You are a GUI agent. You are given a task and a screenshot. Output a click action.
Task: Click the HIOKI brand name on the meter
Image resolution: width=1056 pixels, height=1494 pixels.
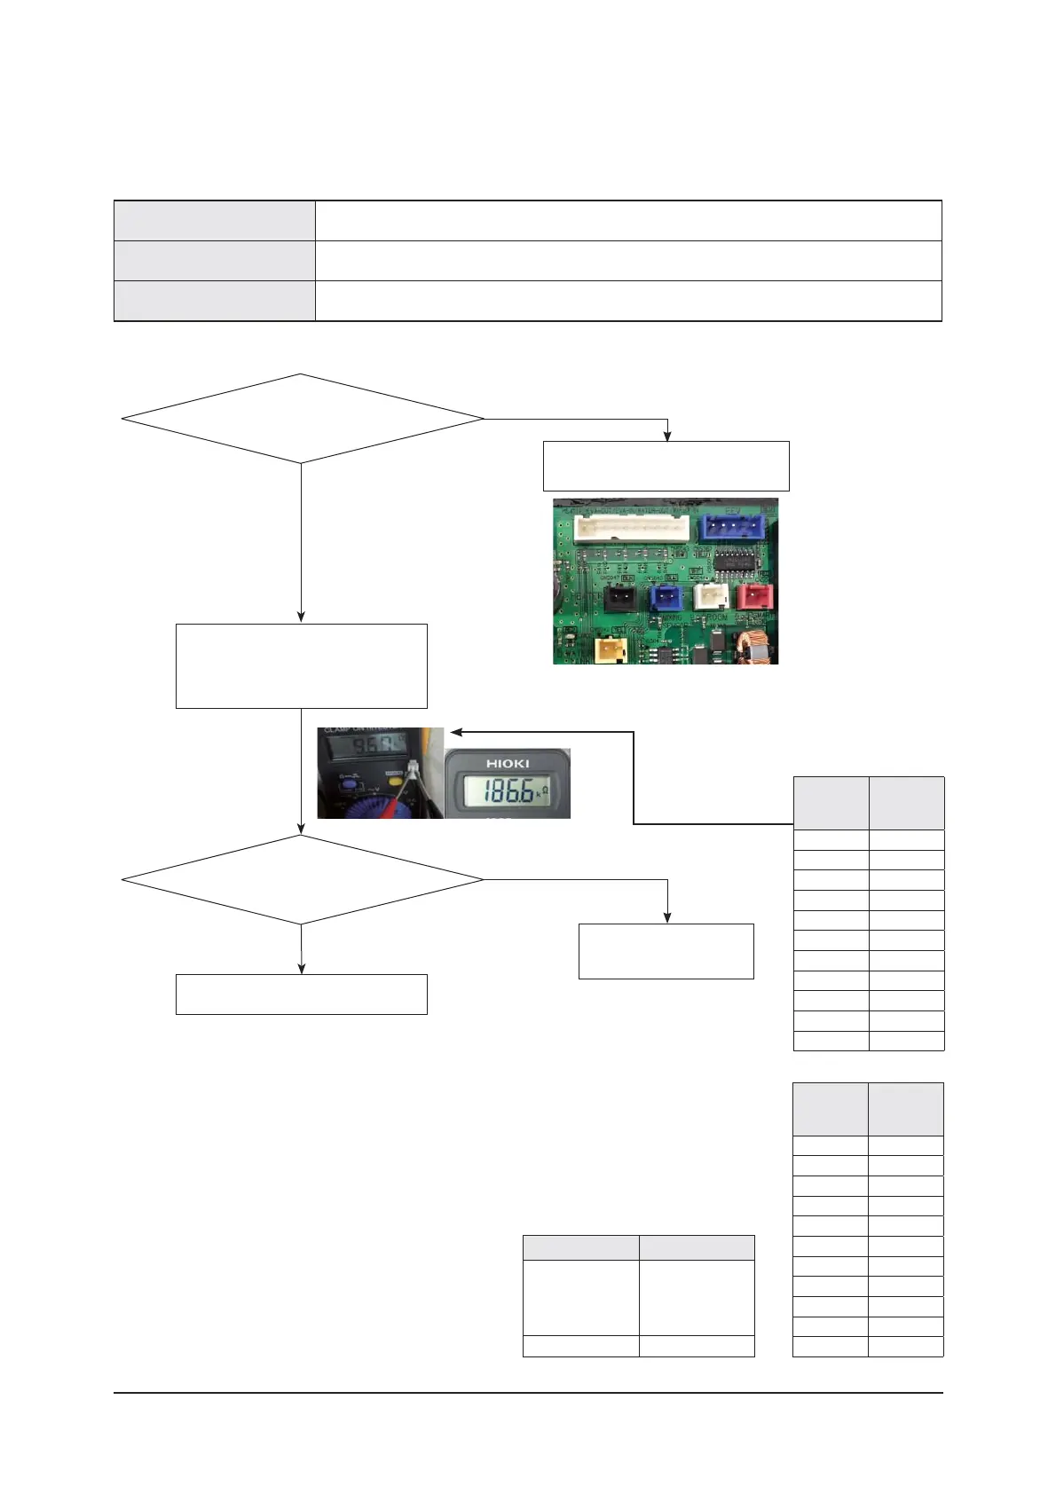508,763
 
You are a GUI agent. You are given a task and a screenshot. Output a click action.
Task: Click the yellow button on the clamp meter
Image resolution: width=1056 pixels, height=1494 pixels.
394,775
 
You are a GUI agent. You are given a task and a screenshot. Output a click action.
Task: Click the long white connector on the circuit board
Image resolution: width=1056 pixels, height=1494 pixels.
631,529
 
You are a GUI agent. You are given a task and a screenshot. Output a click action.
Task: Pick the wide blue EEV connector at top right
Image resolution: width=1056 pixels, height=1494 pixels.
732,528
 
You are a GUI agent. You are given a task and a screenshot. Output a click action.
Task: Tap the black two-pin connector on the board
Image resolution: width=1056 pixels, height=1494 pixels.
619,600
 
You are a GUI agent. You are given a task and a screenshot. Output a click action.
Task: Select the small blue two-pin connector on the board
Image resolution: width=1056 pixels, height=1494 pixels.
666,599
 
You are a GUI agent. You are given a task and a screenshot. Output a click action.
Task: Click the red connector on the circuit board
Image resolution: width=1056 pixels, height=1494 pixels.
754,596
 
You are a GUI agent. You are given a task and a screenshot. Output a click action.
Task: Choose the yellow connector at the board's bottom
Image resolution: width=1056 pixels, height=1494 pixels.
611,650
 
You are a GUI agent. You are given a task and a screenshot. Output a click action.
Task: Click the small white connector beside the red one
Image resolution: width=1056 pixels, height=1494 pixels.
710,596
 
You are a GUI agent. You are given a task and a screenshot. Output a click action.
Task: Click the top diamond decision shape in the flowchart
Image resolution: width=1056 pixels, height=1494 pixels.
302,419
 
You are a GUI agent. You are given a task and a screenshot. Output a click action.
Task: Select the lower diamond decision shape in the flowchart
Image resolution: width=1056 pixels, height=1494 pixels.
302,880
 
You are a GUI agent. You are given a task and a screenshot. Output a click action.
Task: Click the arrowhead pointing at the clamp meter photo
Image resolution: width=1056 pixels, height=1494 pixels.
455,732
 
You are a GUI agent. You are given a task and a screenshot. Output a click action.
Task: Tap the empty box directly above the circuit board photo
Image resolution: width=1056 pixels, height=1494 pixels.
666,466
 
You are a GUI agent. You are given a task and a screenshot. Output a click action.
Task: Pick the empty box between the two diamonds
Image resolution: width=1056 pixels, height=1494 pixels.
302,665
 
